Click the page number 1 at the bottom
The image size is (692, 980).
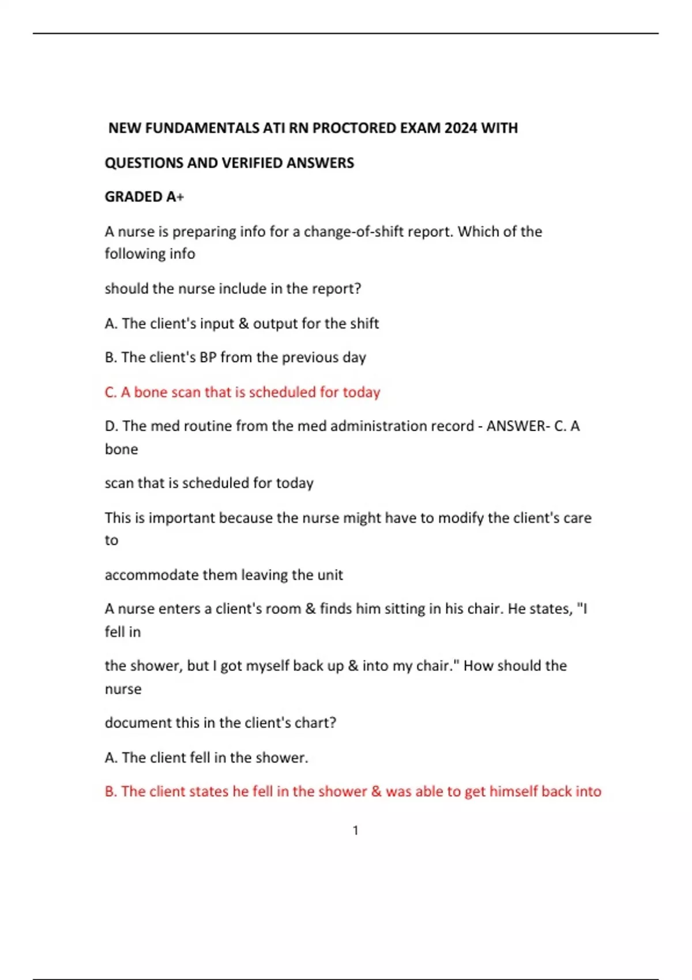pyautogui.click(x=355, y=831)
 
